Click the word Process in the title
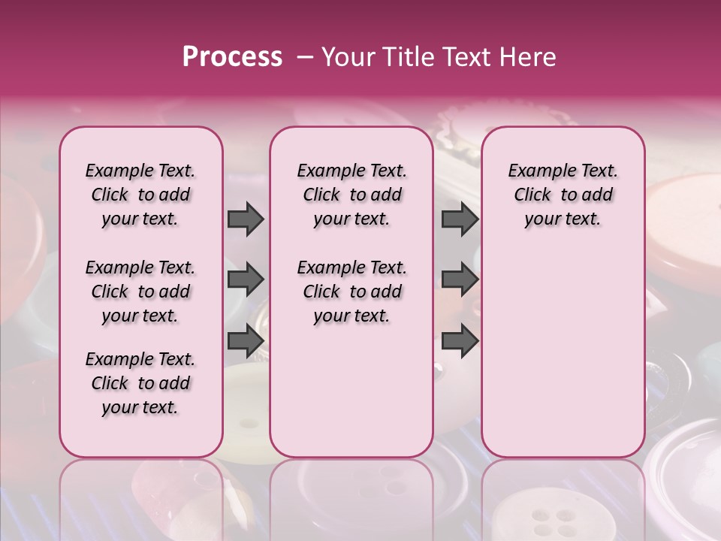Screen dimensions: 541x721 point(232,57)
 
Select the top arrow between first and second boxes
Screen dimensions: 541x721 point(246,219)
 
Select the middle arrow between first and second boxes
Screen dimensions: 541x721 point(246,280)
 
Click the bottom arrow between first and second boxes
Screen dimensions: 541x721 point(246,340)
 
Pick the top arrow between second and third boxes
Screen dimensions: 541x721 point(460,219)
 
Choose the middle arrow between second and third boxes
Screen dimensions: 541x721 point(460,280)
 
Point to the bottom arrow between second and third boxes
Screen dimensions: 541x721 point(460,340)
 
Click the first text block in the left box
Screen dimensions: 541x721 point(140,195)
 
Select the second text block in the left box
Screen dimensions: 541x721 point(140,292)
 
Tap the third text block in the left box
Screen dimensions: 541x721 point(140,383)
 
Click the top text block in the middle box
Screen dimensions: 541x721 point(351,195)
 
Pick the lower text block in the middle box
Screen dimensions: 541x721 point(351,292)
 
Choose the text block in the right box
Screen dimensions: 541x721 point(563,195)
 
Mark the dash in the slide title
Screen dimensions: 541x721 point(304,57)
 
